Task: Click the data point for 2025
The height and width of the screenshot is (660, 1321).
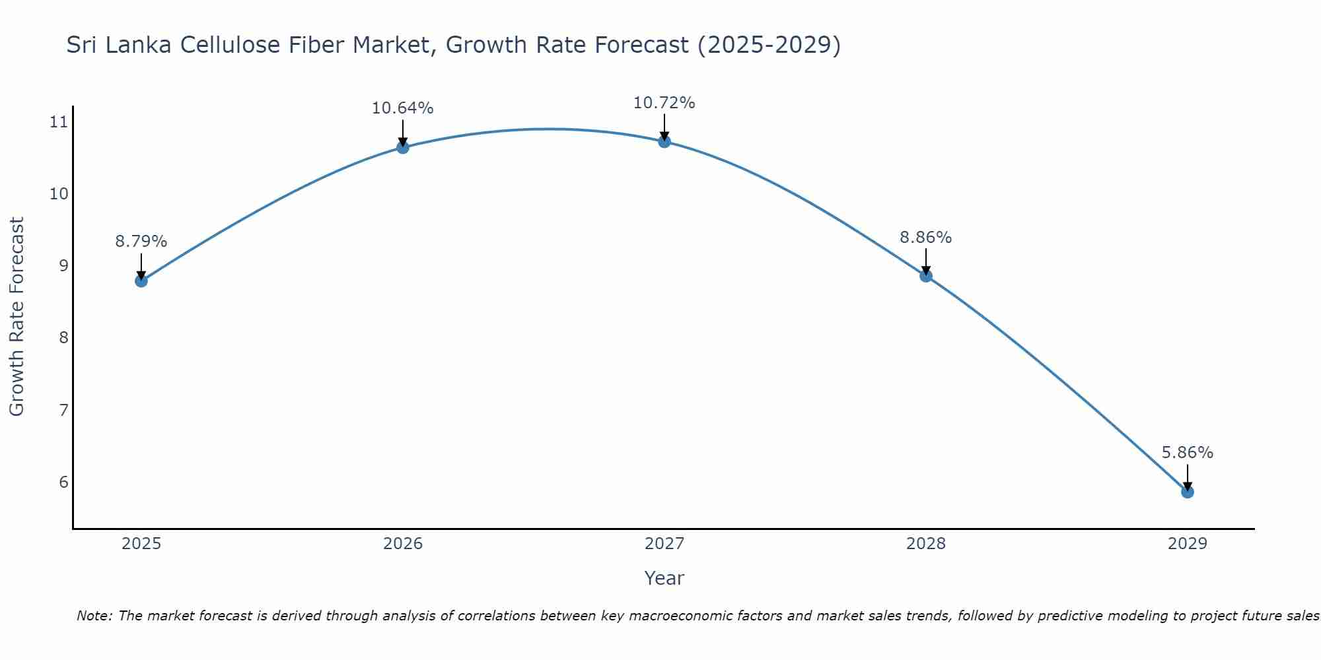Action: click(141, 280)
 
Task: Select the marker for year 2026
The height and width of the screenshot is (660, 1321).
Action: click(403, 147)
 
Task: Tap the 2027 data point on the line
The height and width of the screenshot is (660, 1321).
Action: click(664, 141)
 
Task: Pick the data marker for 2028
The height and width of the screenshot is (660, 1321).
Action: click(926, 276)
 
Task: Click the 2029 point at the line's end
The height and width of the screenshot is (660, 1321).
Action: click(1188, 492)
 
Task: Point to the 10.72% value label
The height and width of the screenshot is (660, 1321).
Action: click(664, 103)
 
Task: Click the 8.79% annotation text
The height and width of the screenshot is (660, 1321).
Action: click(141, 242)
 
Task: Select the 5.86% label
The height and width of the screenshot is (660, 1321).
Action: click(1188, 453)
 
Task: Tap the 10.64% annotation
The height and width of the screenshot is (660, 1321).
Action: click(402, 108)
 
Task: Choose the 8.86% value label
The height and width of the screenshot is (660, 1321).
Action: click(925, 238)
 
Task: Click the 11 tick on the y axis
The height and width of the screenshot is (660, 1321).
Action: click(59, 121)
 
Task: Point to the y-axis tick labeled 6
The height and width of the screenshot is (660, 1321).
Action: click(63, 482)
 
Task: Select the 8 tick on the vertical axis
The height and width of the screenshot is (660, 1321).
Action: click(63, 338)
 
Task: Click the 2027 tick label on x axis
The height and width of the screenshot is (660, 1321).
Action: click(664, 544)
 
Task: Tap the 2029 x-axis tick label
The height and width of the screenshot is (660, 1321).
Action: click(1188, 544)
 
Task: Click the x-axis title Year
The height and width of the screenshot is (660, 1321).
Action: click(664, 578)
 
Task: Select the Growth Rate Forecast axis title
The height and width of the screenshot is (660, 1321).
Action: click(17, 316)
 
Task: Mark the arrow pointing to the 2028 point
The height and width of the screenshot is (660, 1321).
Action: click(926, 261)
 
